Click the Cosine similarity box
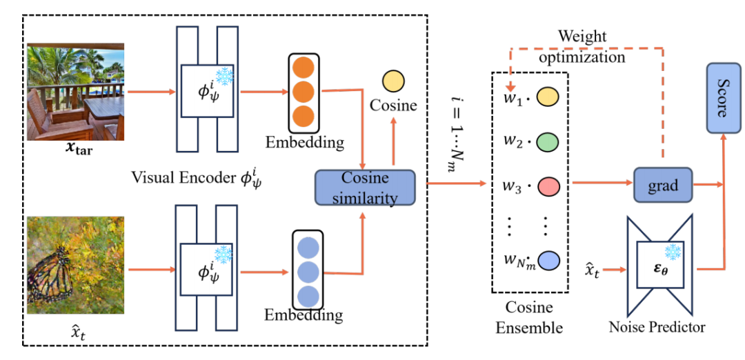tap(366, 187)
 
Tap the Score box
tap(722, 99)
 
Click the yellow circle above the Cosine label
tap(393, 81)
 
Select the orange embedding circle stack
tap(303, 92)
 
